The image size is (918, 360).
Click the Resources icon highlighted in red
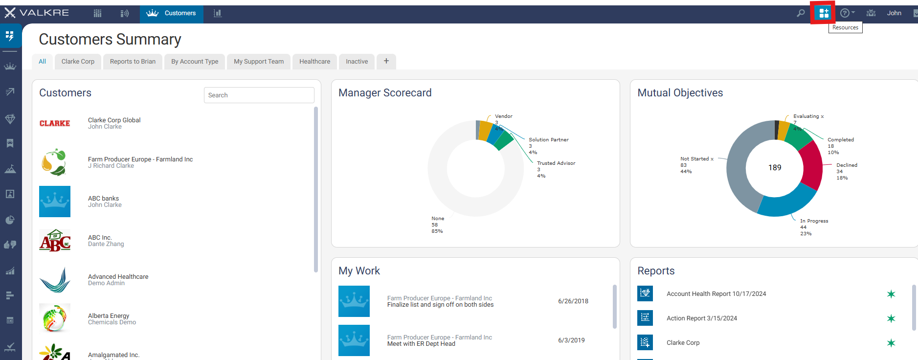coord(824,13)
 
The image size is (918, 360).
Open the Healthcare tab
coord(314,62)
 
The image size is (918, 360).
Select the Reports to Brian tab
coord(133,62)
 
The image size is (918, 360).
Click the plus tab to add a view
coord(386,61)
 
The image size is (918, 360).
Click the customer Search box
coord(259,95)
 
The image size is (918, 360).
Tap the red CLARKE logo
coord(55,123)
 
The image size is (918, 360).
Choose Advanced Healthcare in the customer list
coord(118,276)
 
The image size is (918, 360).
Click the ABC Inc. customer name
coord(100,237)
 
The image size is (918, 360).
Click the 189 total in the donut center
coord(775,168)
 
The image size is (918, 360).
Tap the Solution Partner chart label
coord(549,140)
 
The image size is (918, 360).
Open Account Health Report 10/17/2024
coord(716,294)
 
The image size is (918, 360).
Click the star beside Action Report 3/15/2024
coord(891,318)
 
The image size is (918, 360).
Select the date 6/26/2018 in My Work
coord(573,301)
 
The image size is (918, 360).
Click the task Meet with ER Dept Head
coord(421,344)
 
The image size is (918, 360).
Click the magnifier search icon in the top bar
coord(801,13)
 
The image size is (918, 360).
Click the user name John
coord(894,13)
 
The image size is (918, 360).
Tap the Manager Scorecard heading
coord(385,93)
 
